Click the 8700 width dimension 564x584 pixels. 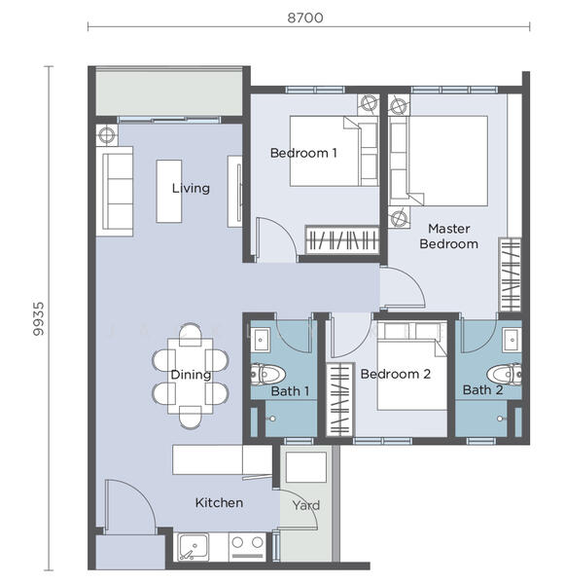pos(305,18)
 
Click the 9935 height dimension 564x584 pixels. pos(38,318)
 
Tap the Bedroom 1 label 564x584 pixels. pos(303,153)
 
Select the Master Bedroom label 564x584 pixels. pos(448,237)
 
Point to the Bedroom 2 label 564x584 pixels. pos(396,374)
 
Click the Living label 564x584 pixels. pos(191,188)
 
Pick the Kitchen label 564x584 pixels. pos(219,503)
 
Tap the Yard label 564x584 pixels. pos(305,505)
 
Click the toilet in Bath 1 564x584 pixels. pos(267,374)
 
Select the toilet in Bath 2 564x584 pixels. pos(505,374)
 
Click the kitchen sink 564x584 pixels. pos(194,546)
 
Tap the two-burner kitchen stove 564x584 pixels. pos(247,546)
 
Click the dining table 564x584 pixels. pos(191,376)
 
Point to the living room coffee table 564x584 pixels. pos(169,192)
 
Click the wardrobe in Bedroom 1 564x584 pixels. pos(342,240)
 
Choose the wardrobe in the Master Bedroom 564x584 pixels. pos(511,274)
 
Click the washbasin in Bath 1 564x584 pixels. pos(260,340)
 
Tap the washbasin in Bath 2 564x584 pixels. pos(511,340)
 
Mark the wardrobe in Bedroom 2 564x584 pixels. pos(339,399)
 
